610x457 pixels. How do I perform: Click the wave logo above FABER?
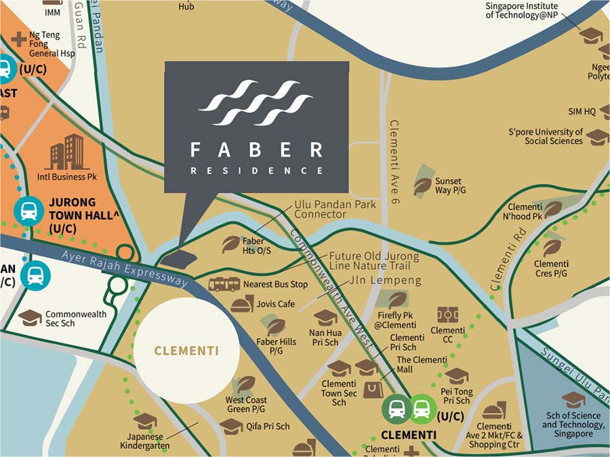pos(256,103)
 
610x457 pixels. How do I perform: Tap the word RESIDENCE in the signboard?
pos(256,171)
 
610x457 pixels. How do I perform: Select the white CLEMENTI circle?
pos(186,351)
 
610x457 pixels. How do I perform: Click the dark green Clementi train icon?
pos(395,409)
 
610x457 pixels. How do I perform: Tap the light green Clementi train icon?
pos(421,409)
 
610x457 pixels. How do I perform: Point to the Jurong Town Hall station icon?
pos(28,212)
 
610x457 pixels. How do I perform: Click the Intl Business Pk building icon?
pos(66,153)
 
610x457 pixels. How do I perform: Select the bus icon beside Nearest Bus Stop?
pos(224,284)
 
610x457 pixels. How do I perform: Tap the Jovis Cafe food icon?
pos(241,304)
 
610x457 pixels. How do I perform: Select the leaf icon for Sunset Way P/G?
pos(422,185)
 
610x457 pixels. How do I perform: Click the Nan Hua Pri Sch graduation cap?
pos(325,317)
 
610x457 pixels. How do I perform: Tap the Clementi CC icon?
pos(447,315)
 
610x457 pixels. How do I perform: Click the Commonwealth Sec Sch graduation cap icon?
pos(29,317)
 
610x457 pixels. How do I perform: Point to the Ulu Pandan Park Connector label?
pos(335,210)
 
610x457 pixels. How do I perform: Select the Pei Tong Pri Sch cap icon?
pos(456,376)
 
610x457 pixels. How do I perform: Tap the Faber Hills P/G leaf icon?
pos(276,326)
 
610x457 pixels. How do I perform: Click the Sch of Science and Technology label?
pos(573,424)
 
